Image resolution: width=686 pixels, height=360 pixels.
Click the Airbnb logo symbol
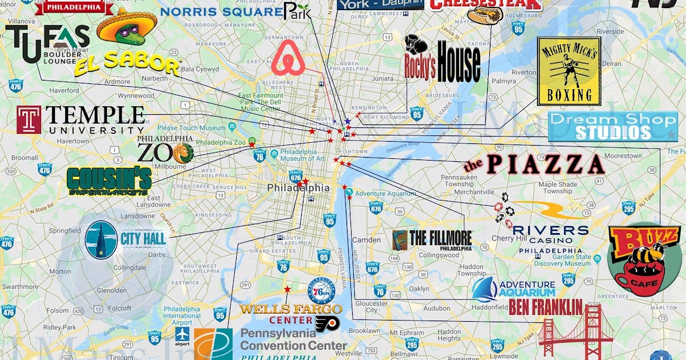click(x=289, y=58)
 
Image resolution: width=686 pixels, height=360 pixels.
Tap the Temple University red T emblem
click(x=29, y=120)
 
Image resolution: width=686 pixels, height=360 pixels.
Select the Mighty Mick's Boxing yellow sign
click(x=568, y=71)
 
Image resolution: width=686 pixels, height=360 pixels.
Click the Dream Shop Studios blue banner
click(x=612, y=127)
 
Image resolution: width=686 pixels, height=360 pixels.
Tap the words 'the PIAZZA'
click(x=535, y=165)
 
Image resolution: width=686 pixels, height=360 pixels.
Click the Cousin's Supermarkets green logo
click(x=109, y=181)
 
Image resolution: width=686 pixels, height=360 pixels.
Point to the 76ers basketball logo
click(x=321, y=292)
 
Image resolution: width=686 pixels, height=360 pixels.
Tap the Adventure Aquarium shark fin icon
click(x=484, y=289)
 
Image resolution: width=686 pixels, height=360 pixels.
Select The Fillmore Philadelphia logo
click(x=432, y=239)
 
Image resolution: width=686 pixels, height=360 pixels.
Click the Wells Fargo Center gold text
click(x=290, y=309)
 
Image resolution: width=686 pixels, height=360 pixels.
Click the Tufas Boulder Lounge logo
click(x=47, y=45)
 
